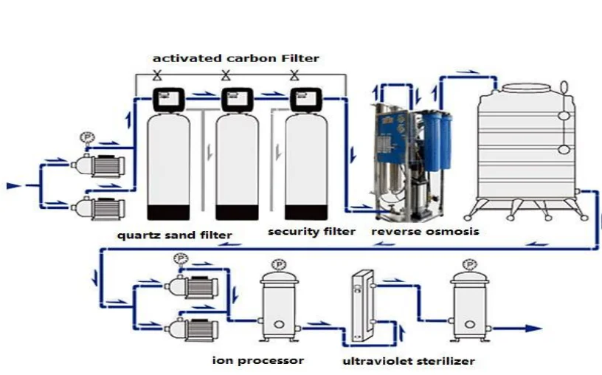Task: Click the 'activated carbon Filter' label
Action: (x=236, y=58)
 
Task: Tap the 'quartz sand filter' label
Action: (x=175, y=235)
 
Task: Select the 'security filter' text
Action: (x=311, y=231)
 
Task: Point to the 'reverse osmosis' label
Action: (x=425, y=231)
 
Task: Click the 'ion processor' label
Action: (x=258, y=360)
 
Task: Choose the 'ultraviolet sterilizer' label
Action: (x=408, y=361)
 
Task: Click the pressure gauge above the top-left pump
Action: (x=87, y=138)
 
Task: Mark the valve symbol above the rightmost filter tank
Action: (x=295, y=75)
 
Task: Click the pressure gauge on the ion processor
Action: (x=279, y=265)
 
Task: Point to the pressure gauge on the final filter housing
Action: (x=469, y=265)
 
